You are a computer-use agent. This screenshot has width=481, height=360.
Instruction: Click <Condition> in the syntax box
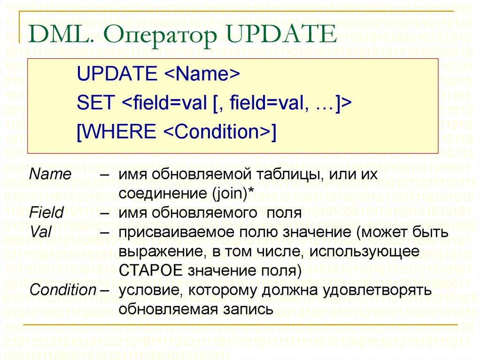215,131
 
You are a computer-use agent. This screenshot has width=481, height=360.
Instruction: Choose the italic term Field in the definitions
46,213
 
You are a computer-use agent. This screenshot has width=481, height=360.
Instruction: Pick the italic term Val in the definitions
39,232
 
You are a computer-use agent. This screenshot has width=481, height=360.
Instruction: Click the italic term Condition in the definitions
62,290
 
